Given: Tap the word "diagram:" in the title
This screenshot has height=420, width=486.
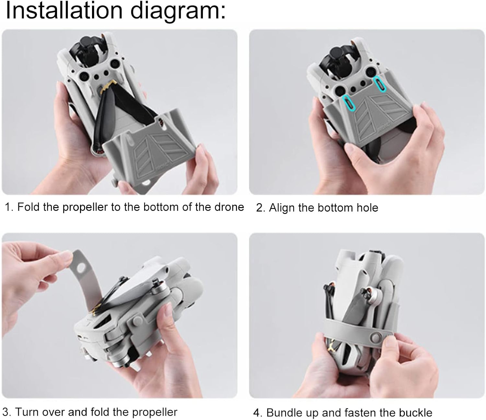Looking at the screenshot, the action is tap(178, 12).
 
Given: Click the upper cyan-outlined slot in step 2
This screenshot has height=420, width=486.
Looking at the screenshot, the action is tap(379, 84).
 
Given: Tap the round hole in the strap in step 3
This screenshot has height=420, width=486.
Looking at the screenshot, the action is tap(81, 268).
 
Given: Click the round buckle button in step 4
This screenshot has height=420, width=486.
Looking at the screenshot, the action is tap(376, 338).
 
